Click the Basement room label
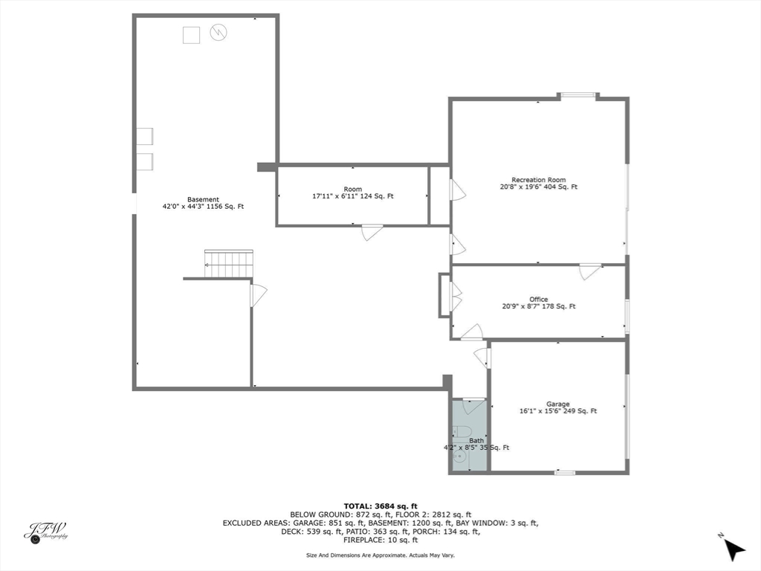tap(203, 199)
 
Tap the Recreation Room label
tap(538, 180)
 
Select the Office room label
tap(538, 300)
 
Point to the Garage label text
tap(557, 404)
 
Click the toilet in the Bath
tap(462, 432)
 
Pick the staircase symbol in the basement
tap(229, 264)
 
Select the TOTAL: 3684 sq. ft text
tap(380, 506)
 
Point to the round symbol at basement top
tap(218, 32)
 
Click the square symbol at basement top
tap(192, 35)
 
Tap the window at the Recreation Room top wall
tap(578, 95)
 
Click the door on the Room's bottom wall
tap(372, 231)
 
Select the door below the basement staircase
tap(257, 295)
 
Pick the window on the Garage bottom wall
tap(565, 472)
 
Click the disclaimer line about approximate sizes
tap(380, 555)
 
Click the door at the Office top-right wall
tap(589, 271)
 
